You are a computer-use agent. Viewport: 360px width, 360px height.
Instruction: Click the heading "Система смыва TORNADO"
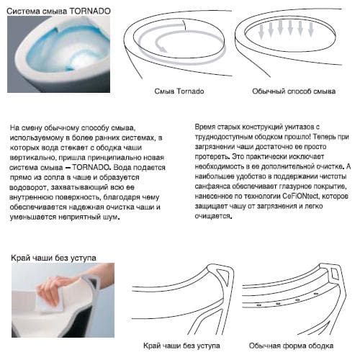tap(58, 11)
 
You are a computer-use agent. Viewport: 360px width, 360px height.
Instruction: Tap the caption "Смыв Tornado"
tap(179, 91)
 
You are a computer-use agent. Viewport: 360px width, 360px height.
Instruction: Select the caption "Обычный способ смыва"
tap(294, 91)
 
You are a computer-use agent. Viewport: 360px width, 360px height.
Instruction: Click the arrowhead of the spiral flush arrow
tap(163, 50)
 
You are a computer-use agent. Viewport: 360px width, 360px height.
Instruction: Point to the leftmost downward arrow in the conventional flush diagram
tap(261, 31)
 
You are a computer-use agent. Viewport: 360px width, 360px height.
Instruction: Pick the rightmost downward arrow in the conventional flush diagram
tap(311, 30)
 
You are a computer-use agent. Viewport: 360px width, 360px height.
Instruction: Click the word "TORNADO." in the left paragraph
tap(91, 167)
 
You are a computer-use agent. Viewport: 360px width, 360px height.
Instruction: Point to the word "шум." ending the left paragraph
tap(111, 217)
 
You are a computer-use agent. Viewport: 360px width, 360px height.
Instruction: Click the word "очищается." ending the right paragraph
tap(213, 216)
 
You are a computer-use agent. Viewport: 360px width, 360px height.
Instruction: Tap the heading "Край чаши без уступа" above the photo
tap(53, 258)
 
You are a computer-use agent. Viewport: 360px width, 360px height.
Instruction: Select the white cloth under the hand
tap(49, 301)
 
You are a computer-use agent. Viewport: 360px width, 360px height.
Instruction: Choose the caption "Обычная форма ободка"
tap(291, 346)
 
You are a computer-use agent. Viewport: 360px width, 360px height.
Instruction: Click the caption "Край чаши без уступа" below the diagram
tap(181, 346)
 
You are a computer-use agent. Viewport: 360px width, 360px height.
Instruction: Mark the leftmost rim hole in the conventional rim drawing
tap(258, 305)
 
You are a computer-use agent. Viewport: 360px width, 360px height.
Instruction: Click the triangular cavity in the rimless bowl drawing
tap(223, 275)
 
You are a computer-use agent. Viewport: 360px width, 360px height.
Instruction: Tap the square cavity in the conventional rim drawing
tap(335, 274)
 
